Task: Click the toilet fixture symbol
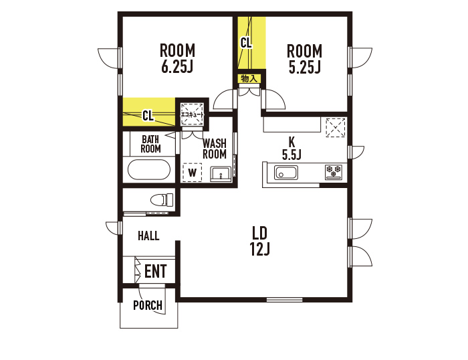pos(162,199)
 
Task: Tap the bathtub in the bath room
pos(149,169)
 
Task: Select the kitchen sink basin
pos(286,173)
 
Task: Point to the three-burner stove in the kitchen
pos(334,173)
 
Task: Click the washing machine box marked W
pos(193,173)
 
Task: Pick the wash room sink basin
pos(221,174)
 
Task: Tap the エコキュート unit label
pos(193,114)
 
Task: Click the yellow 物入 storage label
pos(249,79)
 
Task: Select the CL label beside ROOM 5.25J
pos(246,43)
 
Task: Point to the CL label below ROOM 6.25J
pos(148,115)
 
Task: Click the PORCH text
pos(148,305)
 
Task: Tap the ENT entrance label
pos(156,271)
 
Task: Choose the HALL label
pos(148,236)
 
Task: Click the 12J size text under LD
pos(260,249)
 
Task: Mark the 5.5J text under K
pos(291,155)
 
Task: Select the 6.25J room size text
pos(177,66)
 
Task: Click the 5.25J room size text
pos(305,67)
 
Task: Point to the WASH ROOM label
pos(215,149)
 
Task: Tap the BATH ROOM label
pos(150,144)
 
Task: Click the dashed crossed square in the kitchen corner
pos(336,128)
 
